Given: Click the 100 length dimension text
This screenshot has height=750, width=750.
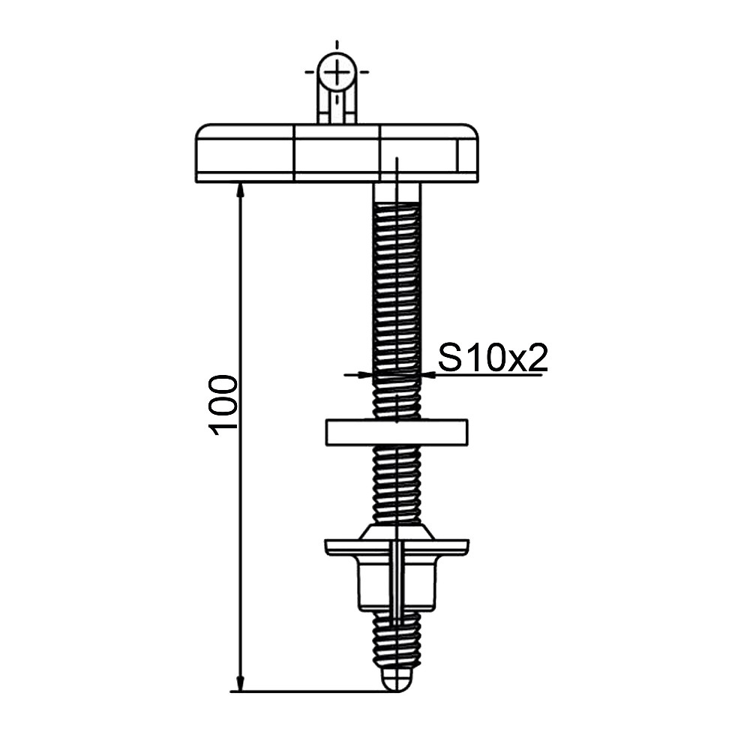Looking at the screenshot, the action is pyautogui.click(x=223, y=406).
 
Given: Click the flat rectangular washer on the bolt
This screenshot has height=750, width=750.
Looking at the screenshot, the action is pyautogui.click(x=397, y=433).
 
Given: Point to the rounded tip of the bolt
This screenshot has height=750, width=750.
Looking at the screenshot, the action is pyautogui.click(x=397, y=679).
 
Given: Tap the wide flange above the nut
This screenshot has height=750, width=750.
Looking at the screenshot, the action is pyautogui.click(x=397, y=547).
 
